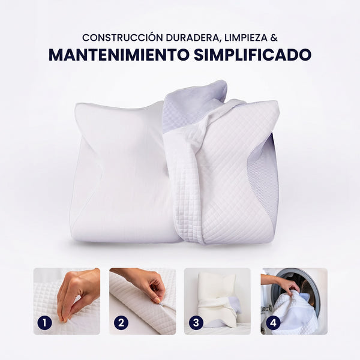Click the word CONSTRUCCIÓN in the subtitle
tap(122, 38)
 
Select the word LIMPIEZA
tap(246, 38)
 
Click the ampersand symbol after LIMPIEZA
tap(274, 38)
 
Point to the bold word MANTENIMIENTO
tap(119, 55)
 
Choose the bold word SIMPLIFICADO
tap(253, 55)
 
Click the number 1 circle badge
tap(44, 323)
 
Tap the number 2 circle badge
tap(121, 323)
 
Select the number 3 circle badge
tap(196, 323)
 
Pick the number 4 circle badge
tap(273, 323)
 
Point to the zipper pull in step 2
tap(161, 304)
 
